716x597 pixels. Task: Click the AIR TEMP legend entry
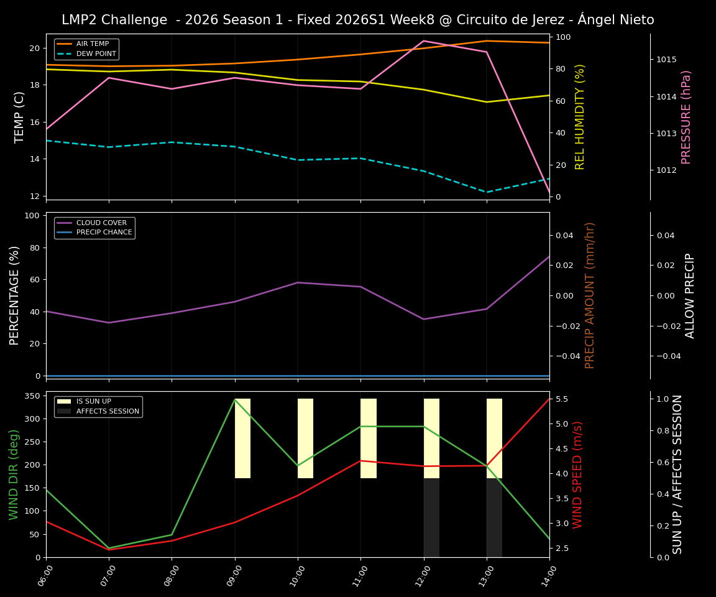92,44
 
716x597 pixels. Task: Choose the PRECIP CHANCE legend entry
104,233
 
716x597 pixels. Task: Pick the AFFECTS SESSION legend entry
107,411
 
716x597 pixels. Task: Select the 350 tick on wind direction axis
32,396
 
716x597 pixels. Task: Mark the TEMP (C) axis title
19,117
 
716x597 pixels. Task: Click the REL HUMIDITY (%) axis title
580,117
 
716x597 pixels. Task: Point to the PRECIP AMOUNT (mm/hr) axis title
590,295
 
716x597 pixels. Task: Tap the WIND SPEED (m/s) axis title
577,474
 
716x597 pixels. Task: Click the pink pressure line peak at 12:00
424,41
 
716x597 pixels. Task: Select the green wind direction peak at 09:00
235,399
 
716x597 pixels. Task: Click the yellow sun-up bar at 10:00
305,438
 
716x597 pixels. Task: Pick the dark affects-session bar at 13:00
494,517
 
